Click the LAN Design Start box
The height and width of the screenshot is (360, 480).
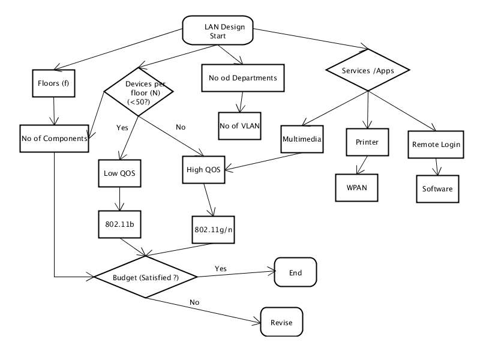218,31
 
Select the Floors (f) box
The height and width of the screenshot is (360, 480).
53,83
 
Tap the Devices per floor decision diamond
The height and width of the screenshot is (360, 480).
139,92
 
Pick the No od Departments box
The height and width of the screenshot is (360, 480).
243,78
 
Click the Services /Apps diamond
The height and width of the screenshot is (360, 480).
368,70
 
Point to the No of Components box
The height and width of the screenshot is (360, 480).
54,139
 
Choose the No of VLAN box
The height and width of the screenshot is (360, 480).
239,126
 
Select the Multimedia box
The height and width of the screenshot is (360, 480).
302,139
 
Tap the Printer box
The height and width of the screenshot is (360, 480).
367,142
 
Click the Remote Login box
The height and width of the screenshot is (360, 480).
436,145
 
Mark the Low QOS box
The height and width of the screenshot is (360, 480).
119,173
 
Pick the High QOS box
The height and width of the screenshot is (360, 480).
203,170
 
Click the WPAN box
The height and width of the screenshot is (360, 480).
356,188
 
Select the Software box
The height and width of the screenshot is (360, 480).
437,189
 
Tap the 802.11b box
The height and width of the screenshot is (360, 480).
119,224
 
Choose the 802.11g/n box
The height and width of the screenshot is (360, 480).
214,230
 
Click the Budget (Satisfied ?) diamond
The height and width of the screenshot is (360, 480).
145,277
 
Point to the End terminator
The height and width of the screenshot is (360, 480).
295,272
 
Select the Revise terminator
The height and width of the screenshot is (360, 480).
281,322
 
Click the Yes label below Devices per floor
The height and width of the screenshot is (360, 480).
122,128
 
